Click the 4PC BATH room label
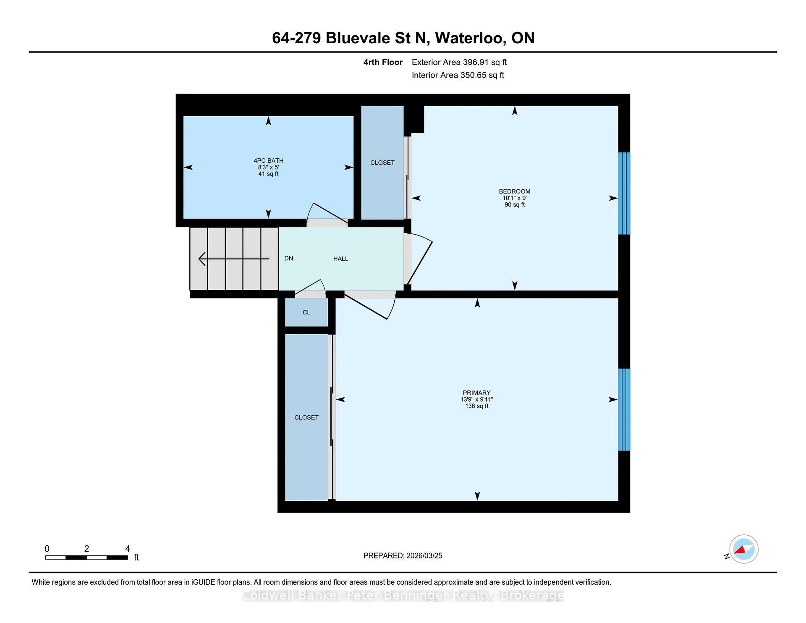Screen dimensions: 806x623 point(268,160)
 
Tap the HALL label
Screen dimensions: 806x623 point(340,259)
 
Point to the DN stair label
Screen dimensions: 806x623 point(288,258)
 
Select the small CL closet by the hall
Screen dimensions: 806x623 point(306,312)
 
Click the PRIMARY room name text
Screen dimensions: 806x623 point(476,393)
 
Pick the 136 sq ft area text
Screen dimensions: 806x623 point(476,406)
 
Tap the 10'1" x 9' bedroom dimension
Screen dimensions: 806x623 point(515,198)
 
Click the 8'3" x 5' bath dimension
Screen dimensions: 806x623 point(268,167)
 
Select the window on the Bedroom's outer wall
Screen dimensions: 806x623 point(624,194)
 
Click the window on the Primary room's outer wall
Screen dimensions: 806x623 point(624,410)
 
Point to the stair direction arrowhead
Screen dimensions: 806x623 point(202,259)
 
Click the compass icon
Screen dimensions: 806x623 point(743,549)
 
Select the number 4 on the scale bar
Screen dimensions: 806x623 point(128,549)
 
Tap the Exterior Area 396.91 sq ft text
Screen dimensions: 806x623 point(459,62)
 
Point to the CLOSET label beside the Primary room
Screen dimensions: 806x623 point(306,417)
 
